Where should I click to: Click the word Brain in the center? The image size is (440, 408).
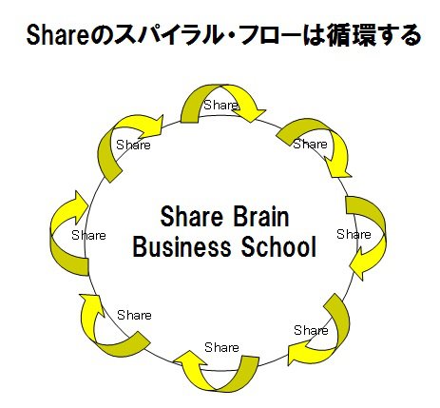[261, 217]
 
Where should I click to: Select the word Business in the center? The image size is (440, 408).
[182, 246]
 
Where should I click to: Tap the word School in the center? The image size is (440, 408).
[278, 246]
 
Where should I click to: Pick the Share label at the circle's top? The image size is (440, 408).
[220, 105]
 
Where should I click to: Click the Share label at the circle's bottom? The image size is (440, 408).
[221, 347]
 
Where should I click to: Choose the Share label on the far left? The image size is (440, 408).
[88, 235]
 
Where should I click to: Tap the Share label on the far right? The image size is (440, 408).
[354, 234]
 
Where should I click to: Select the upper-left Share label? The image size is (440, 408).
[133, 145]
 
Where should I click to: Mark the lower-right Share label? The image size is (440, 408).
[311, 330]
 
